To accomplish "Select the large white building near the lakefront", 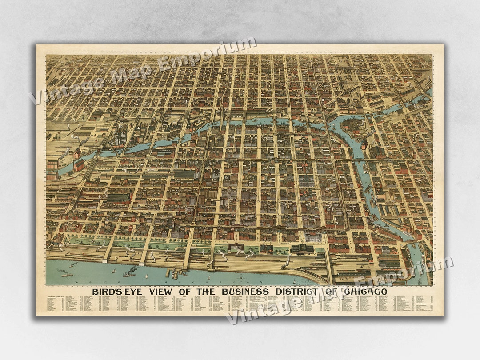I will point(313,238).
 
